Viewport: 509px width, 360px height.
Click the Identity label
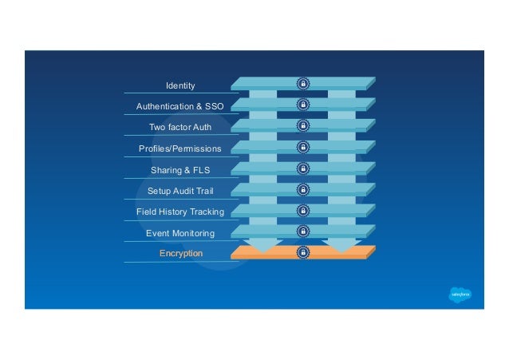(180, 85)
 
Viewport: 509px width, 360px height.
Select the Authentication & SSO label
(180, 106)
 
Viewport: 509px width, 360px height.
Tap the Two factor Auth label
(180, 127)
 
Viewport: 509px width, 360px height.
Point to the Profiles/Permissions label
(180, 148)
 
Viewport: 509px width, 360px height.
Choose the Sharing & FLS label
(180, 169)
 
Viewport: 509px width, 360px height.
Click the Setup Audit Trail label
(180, 191)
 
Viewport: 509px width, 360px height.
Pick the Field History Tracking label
(180, 212)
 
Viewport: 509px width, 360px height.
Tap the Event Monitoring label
(180, 233)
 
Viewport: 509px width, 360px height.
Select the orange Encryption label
(180, 253)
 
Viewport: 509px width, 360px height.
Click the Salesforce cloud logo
(460, 294)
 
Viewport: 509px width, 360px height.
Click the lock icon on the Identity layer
(303, 84)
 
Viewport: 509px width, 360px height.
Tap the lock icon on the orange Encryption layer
(303, 252)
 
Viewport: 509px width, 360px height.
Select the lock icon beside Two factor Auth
(303, 126)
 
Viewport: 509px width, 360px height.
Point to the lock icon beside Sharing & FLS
(303, 168)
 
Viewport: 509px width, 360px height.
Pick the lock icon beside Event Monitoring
(303, 231)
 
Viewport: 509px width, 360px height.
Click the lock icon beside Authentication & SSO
(303, 105)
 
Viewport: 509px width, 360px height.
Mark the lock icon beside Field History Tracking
(303, 211)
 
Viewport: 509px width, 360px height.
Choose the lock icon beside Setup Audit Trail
(303, 189)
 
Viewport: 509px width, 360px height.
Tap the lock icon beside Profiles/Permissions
(303, 147)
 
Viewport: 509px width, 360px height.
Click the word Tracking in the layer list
(207, 212)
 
